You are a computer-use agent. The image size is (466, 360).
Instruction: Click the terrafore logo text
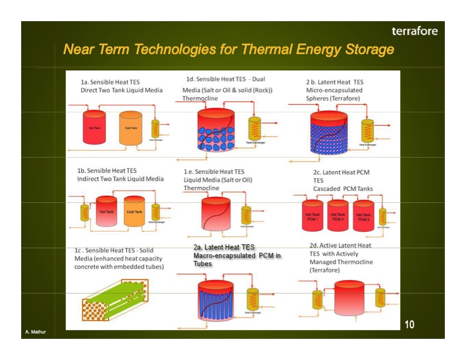coord(415,31)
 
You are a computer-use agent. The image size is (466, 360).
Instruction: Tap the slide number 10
coord(410,324)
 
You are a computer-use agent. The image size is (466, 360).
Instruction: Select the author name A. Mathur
coord(35,333)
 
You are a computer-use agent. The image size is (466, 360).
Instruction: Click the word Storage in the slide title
coord(366,49)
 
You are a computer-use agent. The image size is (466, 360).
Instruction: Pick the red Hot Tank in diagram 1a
coord(95,127)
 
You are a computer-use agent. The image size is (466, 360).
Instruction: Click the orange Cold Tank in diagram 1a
coord(131,128)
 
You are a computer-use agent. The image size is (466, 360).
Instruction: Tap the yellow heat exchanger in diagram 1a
coord(155,129)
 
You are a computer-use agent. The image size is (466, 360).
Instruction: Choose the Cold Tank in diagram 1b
coord(134,213)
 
